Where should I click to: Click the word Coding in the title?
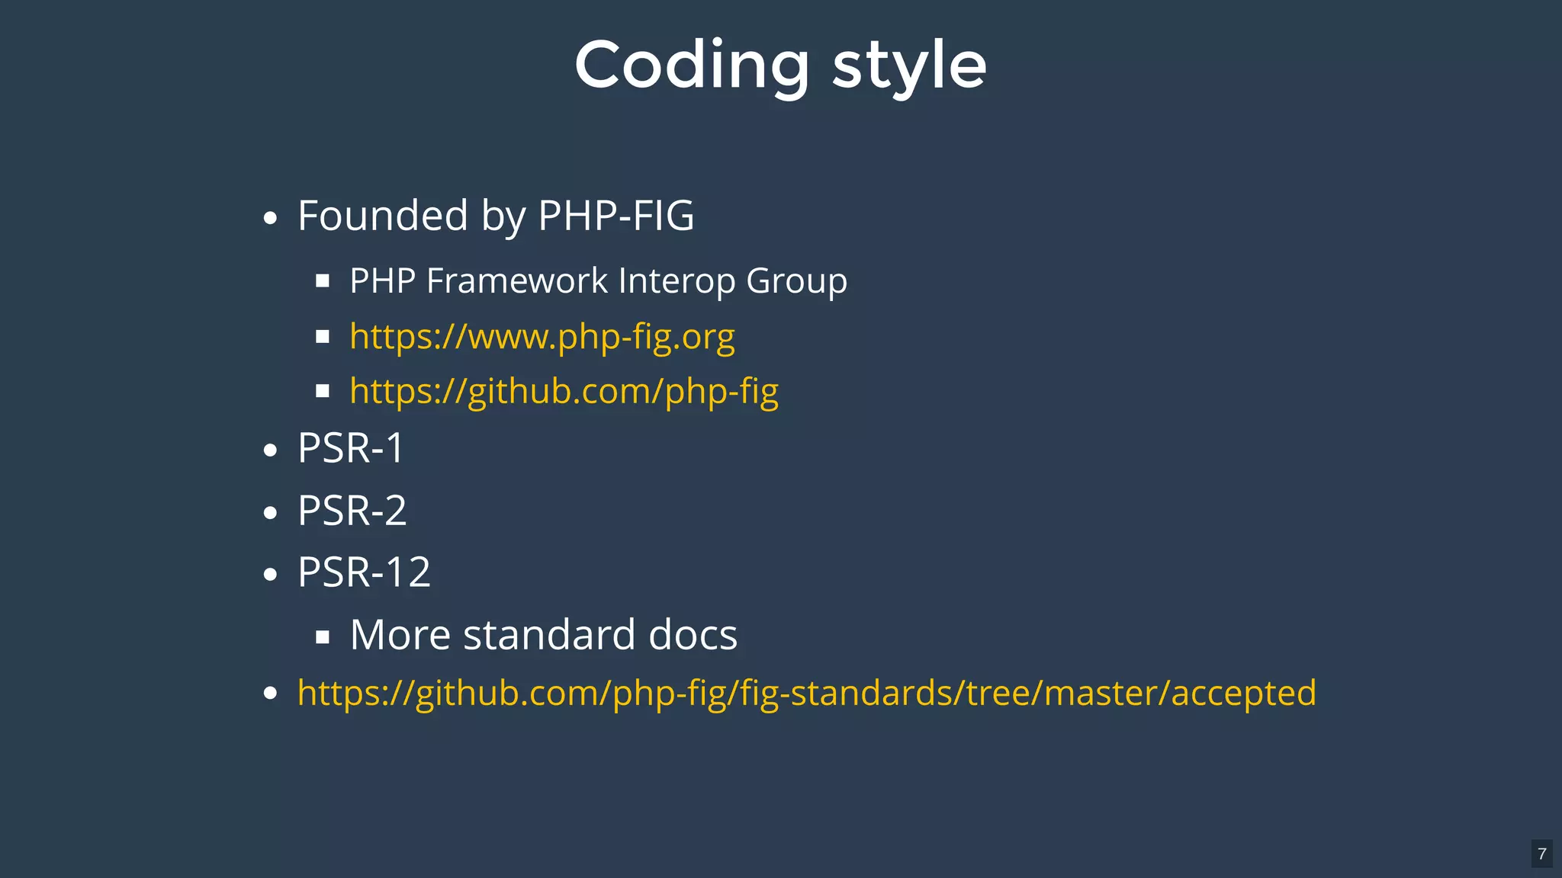point(692,66)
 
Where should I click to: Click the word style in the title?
point(909,66)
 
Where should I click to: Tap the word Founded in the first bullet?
point(382,216)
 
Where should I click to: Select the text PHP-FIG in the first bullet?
point(616,216)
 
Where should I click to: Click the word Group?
point(796,280)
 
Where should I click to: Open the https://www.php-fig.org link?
point(542,336)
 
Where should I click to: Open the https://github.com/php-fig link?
point(564,391)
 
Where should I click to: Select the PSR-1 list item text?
point(351,448)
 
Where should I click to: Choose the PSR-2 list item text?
point(352,511)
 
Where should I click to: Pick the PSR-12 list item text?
point(364,572)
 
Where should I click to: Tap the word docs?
point(693,635)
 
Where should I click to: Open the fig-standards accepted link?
point(806,693)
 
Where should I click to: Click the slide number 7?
point(1541,854)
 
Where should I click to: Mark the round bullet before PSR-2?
point(270,513)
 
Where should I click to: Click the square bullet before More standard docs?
point(323,637)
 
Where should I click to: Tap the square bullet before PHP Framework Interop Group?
point(323,281)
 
